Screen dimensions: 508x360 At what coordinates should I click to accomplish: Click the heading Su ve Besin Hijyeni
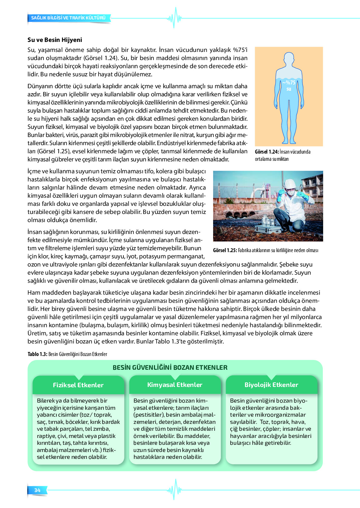pos(55,40)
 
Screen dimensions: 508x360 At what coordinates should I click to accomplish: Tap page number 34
pos(37,490)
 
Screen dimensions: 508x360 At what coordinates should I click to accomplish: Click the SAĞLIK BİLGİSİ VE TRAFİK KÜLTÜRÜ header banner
pos(68,18)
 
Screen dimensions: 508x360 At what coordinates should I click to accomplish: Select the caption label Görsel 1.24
pos(266,152)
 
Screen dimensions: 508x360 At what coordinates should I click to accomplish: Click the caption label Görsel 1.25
pos(225,250)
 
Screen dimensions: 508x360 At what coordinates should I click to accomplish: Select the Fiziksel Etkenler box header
pos(78,385)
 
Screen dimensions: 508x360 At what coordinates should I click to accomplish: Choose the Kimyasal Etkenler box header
pos(175,385)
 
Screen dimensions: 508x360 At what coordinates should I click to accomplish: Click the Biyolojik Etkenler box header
pos(271,385)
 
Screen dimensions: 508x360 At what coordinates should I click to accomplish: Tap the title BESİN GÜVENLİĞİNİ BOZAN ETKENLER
pos(170,368)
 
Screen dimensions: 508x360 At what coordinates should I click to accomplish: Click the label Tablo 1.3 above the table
pos(37,354)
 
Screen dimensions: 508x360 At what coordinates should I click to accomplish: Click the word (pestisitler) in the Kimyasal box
pos(149,415)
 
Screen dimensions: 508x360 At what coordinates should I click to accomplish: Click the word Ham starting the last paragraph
pos(33,292)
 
